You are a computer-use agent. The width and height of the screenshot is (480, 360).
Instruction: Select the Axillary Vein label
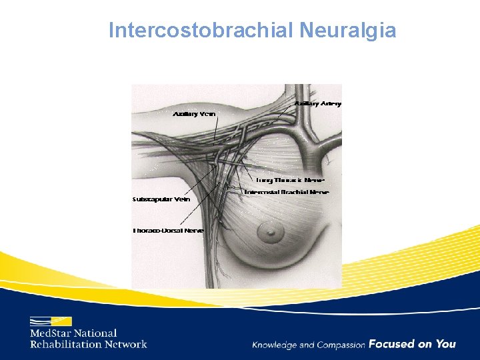tap(194, 114)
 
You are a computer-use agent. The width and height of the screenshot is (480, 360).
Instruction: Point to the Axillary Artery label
tap(317, 103)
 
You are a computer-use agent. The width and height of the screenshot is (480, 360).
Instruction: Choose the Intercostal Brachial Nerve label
tap(286, 192)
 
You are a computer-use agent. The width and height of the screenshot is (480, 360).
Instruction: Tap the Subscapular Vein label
tap(161, 199)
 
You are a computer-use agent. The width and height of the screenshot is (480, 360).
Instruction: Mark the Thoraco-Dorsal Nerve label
tap(168, 231)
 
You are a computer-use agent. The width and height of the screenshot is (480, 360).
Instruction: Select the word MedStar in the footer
tap(53, 333)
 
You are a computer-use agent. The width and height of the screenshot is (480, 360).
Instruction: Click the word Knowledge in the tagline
tap(274, 345)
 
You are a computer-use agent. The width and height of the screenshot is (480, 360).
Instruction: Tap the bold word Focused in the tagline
tap(391, 344)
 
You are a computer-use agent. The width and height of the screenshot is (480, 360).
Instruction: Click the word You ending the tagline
tap(445, 344)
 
